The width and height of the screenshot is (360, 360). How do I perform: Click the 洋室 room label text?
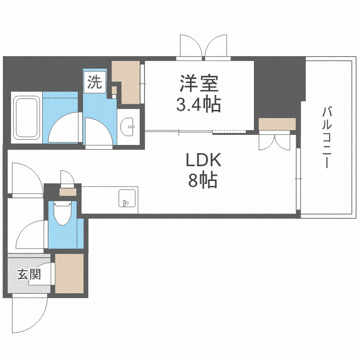click(199, 84)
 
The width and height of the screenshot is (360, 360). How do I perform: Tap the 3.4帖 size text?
click(199, 105)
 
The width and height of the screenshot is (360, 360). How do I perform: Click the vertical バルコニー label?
click(328, 137)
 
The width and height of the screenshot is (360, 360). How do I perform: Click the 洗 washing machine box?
click(94, 83)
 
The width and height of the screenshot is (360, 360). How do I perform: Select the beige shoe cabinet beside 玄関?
click(69, 274)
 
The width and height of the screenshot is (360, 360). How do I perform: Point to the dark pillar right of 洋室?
click(278, 86)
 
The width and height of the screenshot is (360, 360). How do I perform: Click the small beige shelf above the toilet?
click(68, 192)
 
